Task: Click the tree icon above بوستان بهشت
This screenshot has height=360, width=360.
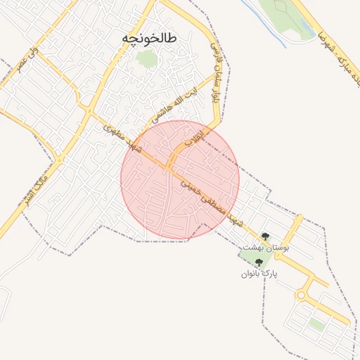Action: [265, 237]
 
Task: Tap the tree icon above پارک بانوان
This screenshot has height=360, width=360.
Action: [259, 262]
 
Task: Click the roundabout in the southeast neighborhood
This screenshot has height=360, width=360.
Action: [303, 296]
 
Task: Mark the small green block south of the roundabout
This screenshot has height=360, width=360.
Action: [317, 326]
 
